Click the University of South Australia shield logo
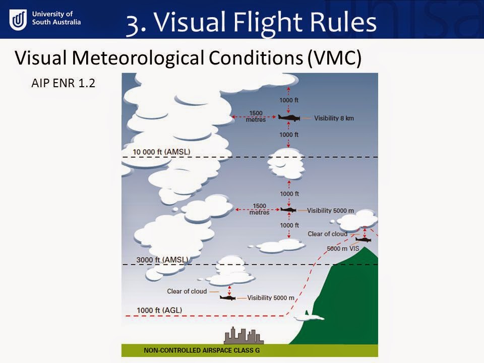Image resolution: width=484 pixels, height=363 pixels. [19, 20]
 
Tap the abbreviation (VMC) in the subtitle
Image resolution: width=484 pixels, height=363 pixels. [335, 58]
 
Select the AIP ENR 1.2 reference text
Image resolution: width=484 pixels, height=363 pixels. [63, 83]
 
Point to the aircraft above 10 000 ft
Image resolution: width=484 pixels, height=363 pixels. [289, 117]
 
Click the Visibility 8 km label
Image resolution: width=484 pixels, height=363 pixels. [330, 118]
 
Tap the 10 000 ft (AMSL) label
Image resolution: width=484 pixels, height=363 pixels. [161, 152]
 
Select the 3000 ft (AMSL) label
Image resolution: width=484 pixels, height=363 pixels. [162, 260]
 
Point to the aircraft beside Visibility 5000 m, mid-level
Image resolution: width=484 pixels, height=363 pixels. [288, 209]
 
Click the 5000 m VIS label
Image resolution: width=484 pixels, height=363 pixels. [340, 249]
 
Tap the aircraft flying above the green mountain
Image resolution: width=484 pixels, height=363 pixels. [363, 239]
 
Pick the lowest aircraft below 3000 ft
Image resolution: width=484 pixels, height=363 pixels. [228, 297]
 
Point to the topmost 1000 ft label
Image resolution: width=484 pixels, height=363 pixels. [289, 100]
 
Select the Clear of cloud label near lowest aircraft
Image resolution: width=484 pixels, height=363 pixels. [186, 291]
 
